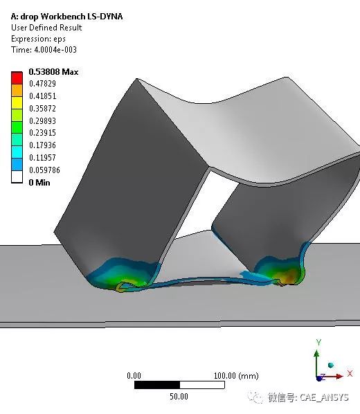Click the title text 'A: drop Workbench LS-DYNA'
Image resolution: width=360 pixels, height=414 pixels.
click(67, 17)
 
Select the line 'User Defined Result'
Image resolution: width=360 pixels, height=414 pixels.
click(46, 28)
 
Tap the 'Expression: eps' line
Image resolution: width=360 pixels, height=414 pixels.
click(38, 39)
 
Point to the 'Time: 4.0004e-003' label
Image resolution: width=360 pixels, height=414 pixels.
click(44, 50)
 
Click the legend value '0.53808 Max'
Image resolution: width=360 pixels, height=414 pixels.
click(53, 72)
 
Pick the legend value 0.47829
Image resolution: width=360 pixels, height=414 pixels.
click(42, 84)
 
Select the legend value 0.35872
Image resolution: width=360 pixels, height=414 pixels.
click(42, 109)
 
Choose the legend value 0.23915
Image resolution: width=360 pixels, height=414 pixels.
click(42, 132)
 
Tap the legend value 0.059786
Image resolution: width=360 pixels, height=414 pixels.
click(44, 170)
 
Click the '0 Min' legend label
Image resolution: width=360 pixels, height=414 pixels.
click(39, 183)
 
